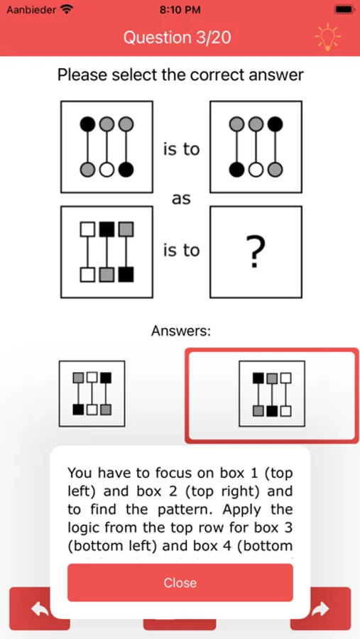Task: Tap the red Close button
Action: click(x=180, y=582)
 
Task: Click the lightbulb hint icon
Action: click(x=328, y=37)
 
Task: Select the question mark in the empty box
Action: click(x=256, y=251)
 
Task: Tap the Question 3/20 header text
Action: click(x=177, y=38)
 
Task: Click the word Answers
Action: click(x=181, y=331)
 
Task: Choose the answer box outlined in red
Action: click(x=272, y=395)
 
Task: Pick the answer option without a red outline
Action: click(x=92, y=393)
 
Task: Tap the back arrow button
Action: click(x=40, y=609)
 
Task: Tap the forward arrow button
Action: click(x=320, y=609)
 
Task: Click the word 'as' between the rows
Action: click(x=181, y=200)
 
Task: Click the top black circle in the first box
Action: click(x=87, y=124)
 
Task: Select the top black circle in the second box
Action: click(x=276, y=124)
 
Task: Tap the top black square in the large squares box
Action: click(x=107, y=229)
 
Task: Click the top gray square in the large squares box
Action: click(x=126, y=229)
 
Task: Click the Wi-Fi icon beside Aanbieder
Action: click(x=65, y=9)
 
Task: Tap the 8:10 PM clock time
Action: click(x=180, y=10)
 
